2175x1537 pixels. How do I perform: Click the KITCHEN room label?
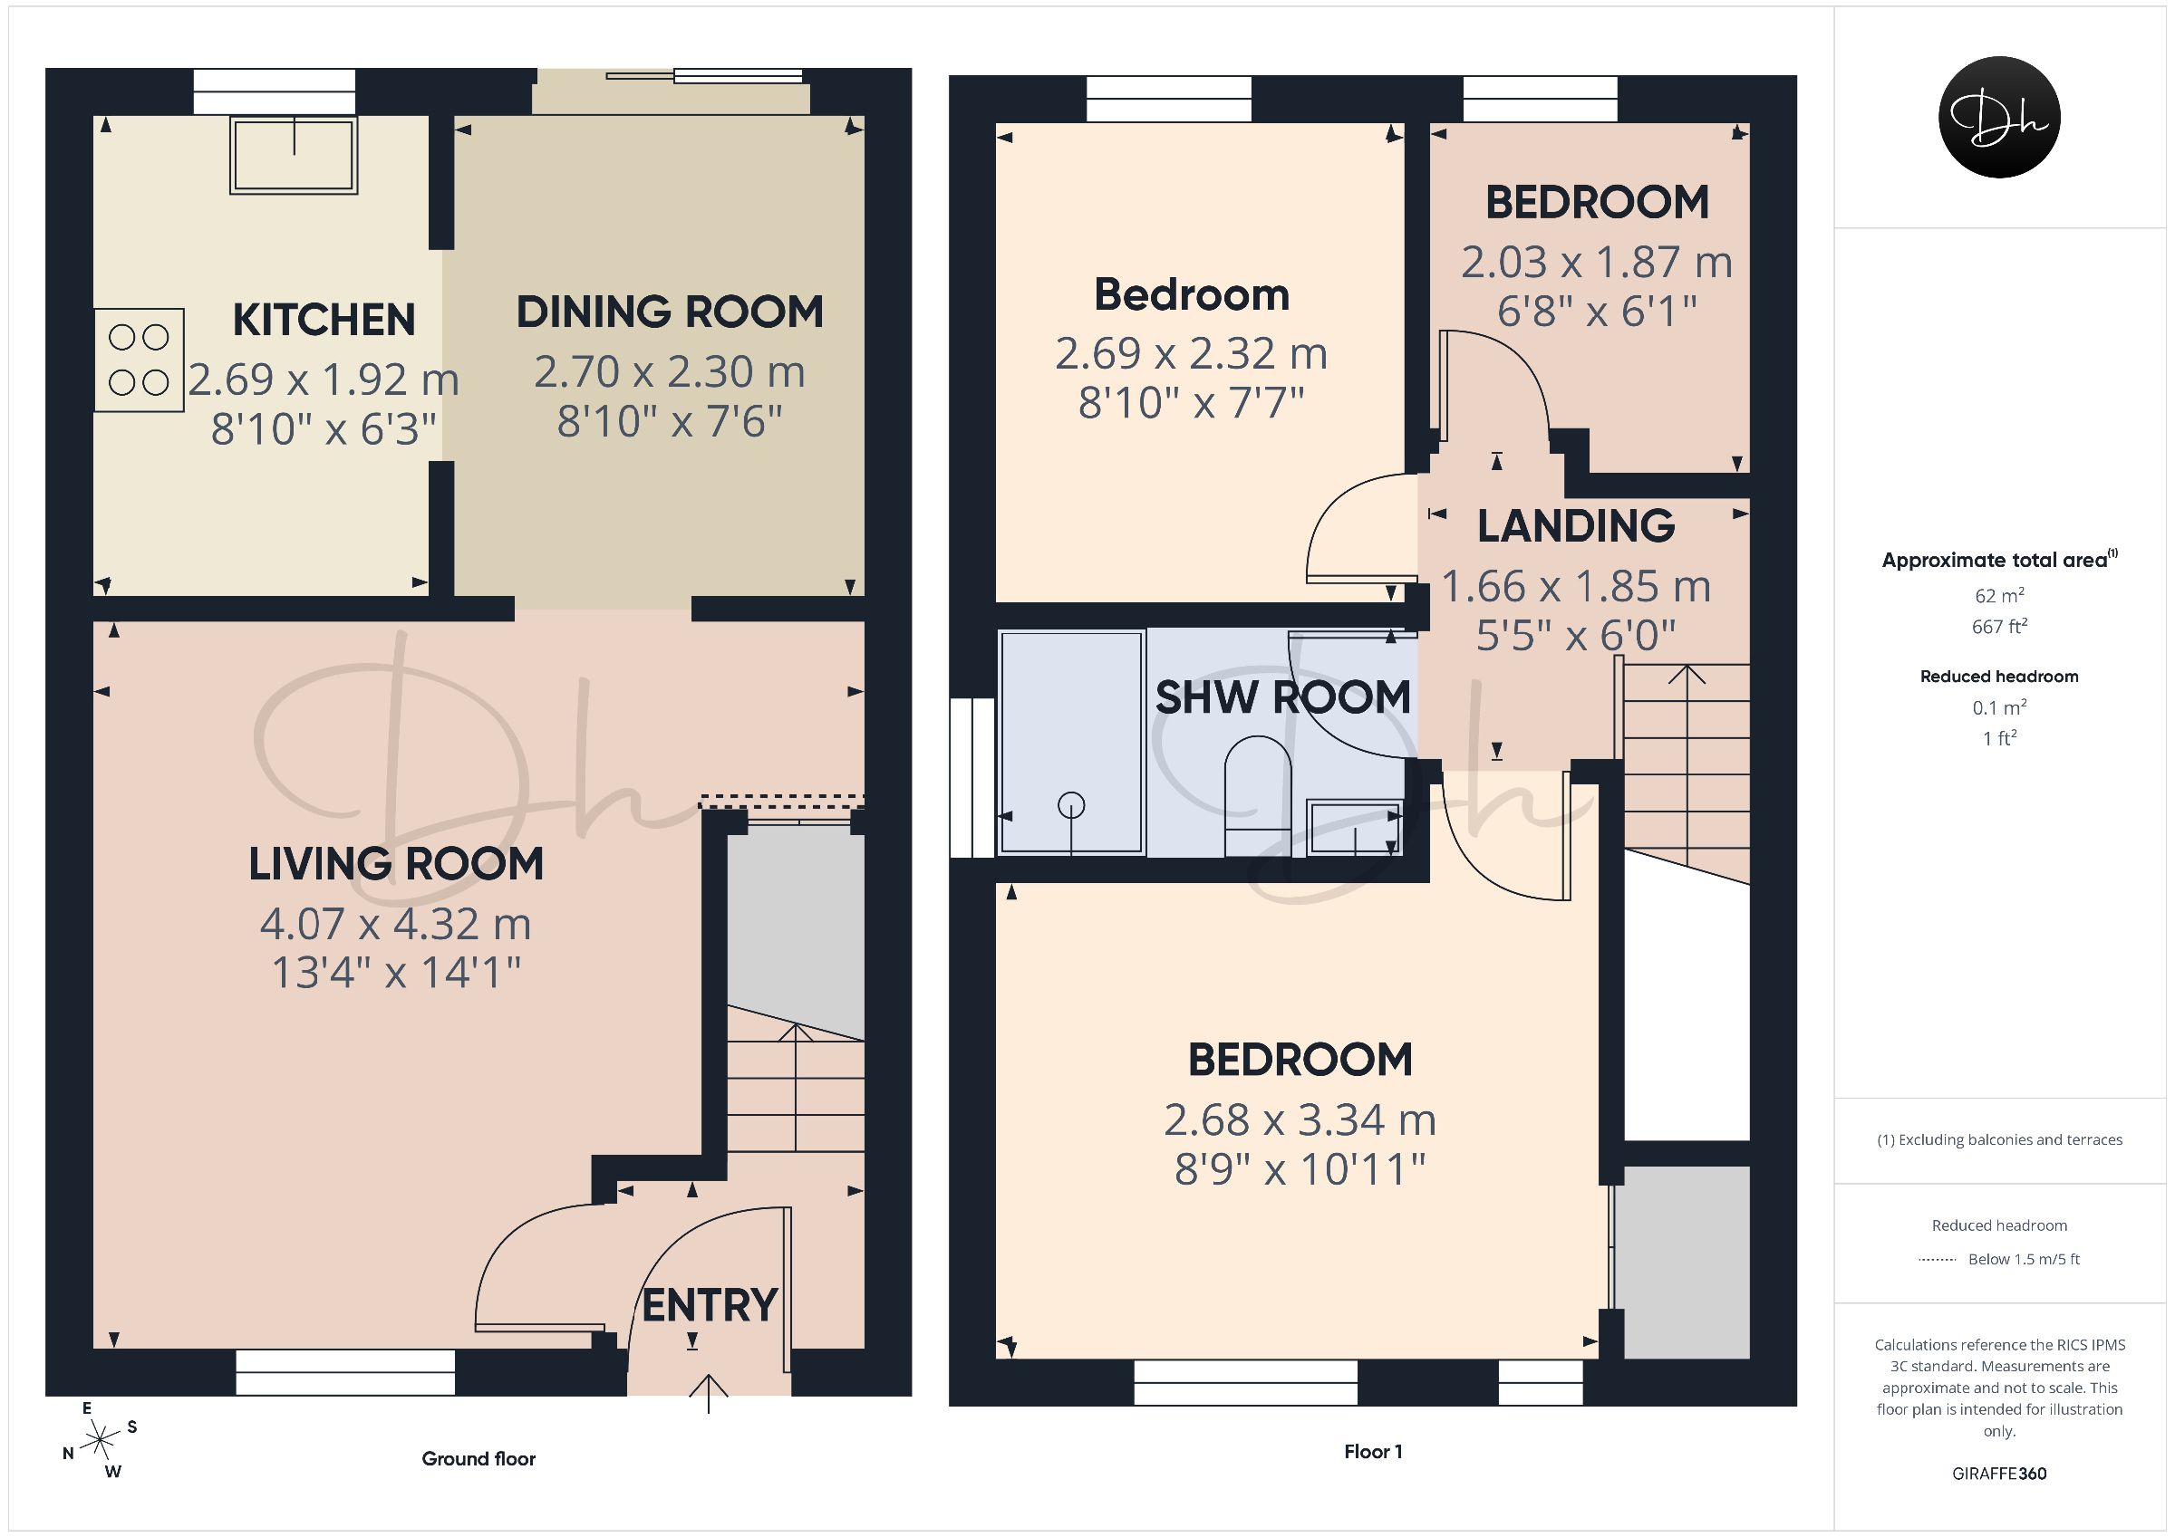[x=324, y=320]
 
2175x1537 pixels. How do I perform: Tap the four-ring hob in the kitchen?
[x=139, y=360]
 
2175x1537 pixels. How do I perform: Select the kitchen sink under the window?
[x=294, y=155]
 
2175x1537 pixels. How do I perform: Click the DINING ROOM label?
[x=670, y=312]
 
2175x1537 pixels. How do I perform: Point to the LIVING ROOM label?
[x=396, y=864]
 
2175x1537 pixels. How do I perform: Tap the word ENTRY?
[x=710, y=1305]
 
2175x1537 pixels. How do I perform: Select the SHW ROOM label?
[x=1283, y=697]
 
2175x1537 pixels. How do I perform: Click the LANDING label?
[x=1576, y=526]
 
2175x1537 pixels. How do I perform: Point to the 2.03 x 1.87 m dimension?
[x=1597, y=263]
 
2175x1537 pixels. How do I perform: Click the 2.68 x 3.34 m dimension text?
[x=1300, y=1120]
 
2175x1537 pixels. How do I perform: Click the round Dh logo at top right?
[x=2000, y=117]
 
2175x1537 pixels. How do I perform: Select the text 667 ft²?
[x=2000, y=626]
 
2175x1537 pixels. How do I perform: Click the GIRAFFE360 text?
[x=2000, y=1474]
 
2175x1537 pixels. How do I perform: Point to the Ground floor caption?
[x=478, y=1458]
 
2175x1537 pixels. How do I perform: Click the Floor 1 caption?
[x=1374, y=1451]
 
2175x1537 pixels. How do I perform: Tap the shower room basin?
[x=1355, y=828]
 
